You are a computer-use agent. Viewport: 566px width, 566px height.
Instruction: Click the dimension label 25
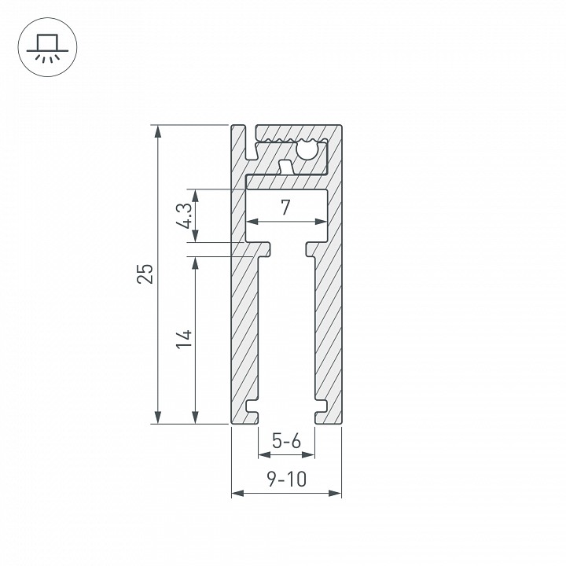click(145, 274)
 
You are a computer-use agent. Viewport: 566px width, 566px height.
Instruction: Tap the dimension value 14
click(184, 339)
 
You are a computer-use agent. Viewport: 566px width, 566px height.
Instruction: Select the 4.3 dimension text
click(184, 216)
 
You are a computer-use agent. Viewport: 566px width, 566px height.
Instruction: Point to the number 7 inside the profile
click(285, 208)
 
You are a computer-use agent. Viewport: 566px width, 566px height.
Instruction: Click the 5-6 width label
click(286, 441)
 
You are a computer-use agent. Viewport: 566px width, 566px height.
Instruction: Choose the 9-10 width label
click(287, 479)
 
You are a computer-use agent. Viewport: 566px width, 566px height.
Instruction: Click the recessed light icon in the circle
click(47, 48)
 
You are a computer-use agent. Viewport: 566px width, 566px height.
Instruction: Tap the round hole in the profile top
click(307, 149)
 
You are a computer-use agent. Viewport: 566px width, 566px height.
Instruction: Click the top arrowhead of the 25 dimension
click(157, 131)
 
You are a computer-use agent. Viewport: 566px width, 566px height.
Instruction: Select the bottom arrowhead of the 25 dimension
click(157, 417)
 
